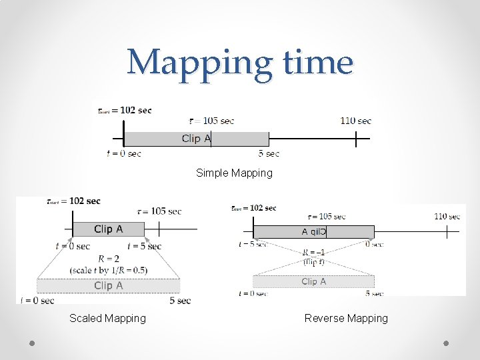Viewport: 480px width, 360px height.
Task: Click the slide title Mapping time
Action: [x=240, y=63]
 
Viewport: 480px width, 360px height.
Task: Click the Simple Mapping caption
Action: [x=234, y=173]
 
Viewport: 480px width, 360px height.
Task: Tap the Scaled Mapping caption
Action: [x=107, y=319]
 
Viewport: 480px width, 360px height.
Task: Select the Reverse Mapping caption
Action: [x=346, y=319]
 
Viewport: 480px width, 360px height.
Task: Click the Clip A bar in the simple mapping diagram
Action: [x=196, y=139]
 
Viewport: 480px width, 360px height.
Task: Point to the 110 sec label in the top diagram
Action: [x=355, y=121]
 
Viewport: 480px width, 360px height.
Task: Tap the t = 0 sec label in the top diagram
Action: [x=124, y=154]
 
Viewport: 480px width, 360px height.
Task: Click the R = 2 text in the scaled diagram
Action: [x=109, y=259]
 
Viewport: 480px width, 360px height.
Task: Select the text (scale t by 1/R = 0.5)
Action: [x=109, y=270]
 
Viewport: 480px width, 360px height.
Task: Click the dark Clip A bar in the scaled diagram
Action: [x=108, y=229]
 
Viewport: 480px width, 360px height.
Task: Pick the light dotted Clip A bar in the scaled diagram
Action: [x=108, y=286]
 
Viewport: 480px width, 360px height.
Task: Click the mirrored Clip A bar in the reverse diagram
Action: [x=313, y=232]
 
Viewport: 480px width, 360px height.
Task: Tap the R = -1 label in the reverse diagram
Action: [x=313, y=253]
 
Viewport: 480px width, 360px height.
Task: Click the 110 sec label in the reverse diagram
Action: [x=447, y=216]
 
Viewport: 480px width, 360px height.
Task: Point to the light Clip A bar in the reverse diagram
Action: [x=313, y=281]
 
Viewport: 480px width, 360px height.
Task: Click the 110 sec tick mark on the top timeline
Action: [x=356, y=139]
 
